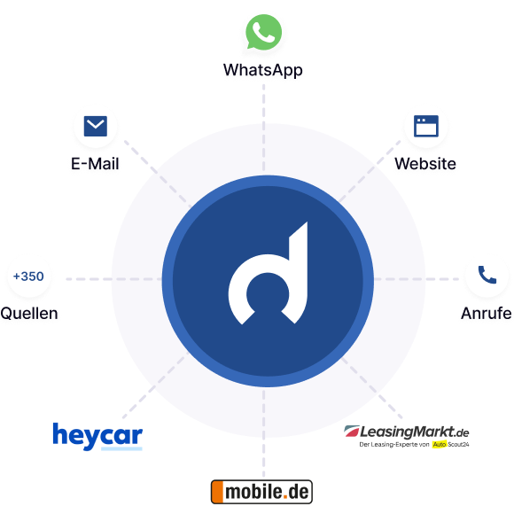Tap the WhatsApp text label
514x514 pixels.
tap(263, 71)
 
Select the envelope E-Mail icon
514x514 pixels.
tap(95, 128)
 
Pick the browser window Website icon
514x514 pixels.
tap(426, 126)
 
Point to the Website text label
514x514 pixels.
tap(426, 165)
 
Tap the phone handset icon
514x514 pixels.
tap(487, 276)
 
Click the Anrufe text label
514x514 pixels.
tap(486, 314)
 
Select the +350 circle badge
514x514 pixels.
tap(27, 276)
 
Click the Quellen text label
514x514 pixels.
tap(30, 314)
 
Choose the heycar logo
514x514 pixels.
tap(97, 435)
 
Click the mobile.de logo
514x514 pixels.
tap(261, 491)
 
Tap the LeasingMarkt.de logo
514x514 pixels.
tap(407, 432)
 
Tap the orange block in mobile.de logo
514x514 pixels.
tap(216, 491)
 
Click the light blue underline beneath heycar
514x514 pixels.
tap(121, 448)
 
